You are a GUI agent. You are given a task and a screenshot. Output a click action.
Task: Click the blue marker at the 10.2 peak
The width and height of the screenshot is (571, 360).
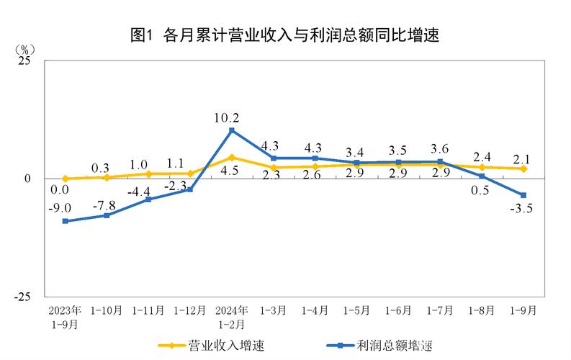point(231,130)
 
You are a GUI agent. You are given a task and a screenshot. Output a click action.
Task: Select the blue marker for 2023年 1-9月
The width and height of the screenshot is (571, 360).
point(65,221)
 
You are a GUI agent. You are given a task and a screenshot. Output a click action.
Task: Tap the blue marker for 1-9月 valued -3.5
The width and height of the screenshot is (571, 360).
point(523,195)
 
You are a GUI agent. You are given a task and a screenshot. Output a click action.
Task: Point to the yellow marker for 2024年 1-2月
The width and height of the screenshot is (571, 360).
point(231,157)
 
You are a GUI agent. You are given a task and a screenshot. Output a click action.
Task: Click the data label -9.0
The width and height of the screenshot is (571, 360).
point(60,207)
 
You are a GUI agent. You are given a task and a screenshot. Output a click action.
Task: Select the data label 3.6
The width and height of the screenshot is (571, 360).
point(440,150)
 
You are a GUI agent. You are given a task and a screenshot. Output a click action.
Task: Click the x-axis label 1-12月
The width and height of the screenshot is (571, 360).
point(189,311)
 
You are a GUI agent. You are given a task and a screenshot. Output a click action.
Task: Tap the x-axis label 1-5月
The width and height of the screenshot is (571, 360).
point(356,311)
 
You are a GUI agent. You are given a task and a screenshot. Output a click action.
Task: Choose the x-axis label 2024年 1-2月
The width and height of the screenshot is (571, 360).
point(231,317)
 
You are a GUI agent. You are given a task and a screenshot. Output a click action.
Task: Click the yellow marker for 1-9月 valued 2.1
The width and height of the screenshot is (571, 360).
point(523,168)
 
